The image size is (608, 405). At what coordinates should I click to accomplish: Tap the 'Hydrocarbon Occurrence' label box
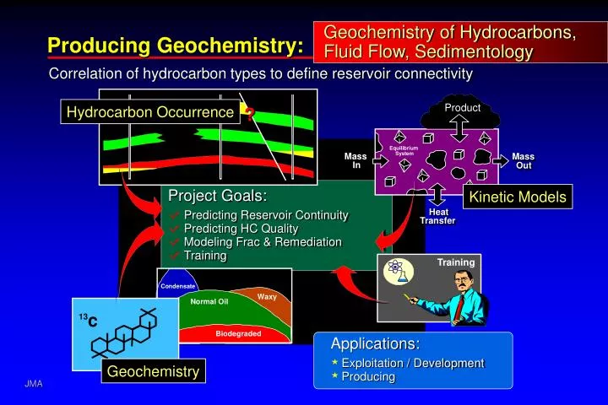[150, 112]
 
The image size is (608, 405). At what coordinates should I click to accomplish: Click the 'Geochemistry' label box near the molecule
[153, 371]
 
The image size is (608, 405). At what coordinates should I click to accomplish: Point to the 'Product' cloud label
[462, 108]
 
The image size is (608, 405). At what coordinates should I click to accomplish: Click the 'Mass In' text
[356, 160]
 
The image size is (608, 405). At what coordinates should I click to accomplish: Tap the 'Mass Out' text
[524, 160]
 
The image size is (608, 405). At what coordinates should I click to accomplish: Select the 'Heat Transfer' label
[437, 217]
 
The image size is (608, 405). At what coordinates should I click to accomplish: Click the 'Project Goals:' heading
[218, 196]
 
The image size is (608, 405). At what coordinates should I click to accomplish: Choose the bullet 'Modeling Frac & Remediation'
[262, 242]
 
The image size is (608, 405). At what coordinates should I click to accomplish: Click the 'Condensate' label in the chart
[178, 286]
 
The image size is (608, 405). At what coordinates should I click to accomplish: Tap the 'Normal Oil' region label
[209, 301]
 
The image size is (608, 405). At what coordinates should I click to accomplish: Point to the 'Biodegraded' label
[238, 334]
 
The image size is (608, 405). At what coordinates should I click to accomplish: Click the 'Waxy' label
[267, 296]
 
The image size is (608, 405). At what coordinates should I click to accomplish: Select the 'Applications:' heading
[375, 344]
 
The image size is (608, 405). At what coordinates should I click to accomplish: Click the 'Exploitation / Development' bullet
[412, 363]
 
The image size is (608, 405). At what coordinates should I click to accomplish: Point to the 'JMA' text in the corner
[33, 384]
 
